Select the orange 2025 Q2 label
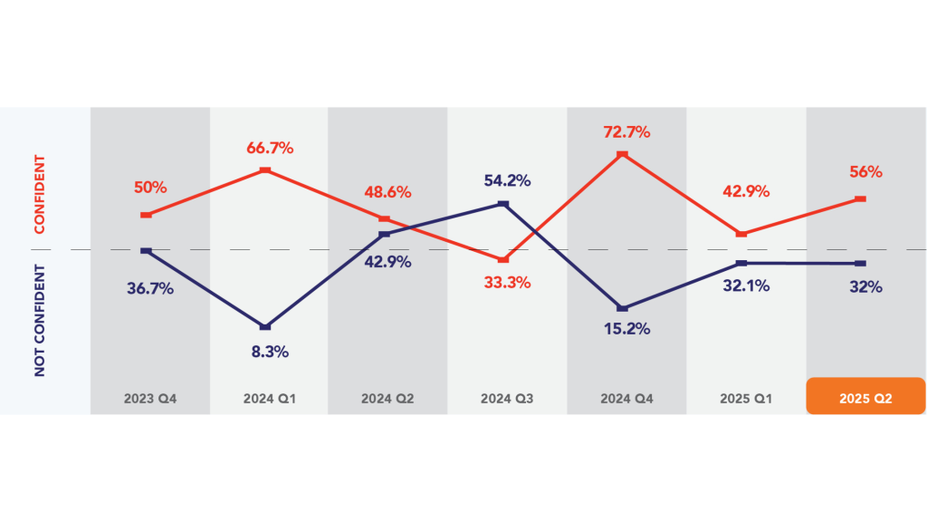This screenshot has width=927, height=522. [x=865, y=398]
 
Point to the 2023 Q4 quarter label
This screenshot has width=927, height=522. [x=149, y=398]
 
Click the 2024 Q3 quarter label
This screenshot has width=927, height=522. [x=508, y=398]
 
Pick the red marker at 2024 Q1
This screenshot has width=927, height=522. [x=264, y=169]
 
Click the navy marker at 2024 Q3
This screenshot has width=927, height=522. [x=503, y=204]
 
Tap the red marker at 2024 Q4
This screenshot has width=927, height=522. [x=623, y=155]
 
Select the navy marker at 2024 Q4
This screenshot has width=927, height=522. [x=623, y=308]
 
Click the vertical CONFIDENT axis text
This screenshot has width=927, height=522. [x=39, y=194]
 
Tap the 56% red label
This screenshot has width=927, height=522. [x=865, y=172]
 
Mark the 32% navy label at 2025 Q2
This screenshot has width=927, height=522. [x=865, y=286]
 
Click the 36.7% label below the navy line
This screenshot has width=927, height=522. [x=149, y=289]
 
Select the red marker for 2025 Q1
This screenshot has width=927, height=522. [x=742, y=234]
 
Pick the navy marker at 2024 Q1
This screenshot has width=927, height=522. [x=264, y=326]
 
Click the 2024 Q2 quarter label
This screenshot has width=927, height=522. [x=387, y=398]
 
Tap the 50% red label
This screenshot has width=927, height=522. [x=151, y=188]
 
